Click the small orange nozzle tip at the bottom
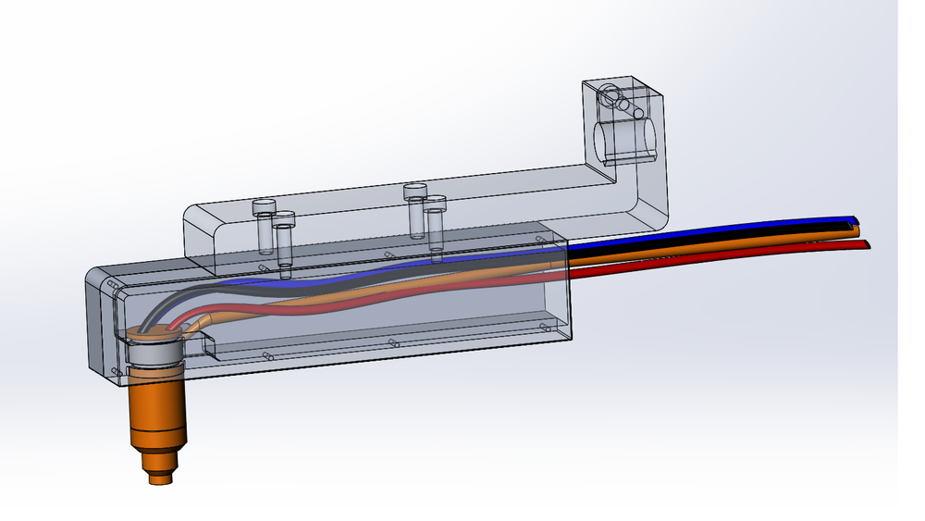160,478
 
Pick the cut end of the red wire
869,244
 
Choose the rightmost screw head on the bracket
435,202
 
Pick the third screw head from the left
414,190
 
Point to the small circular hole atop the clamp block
610,93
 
